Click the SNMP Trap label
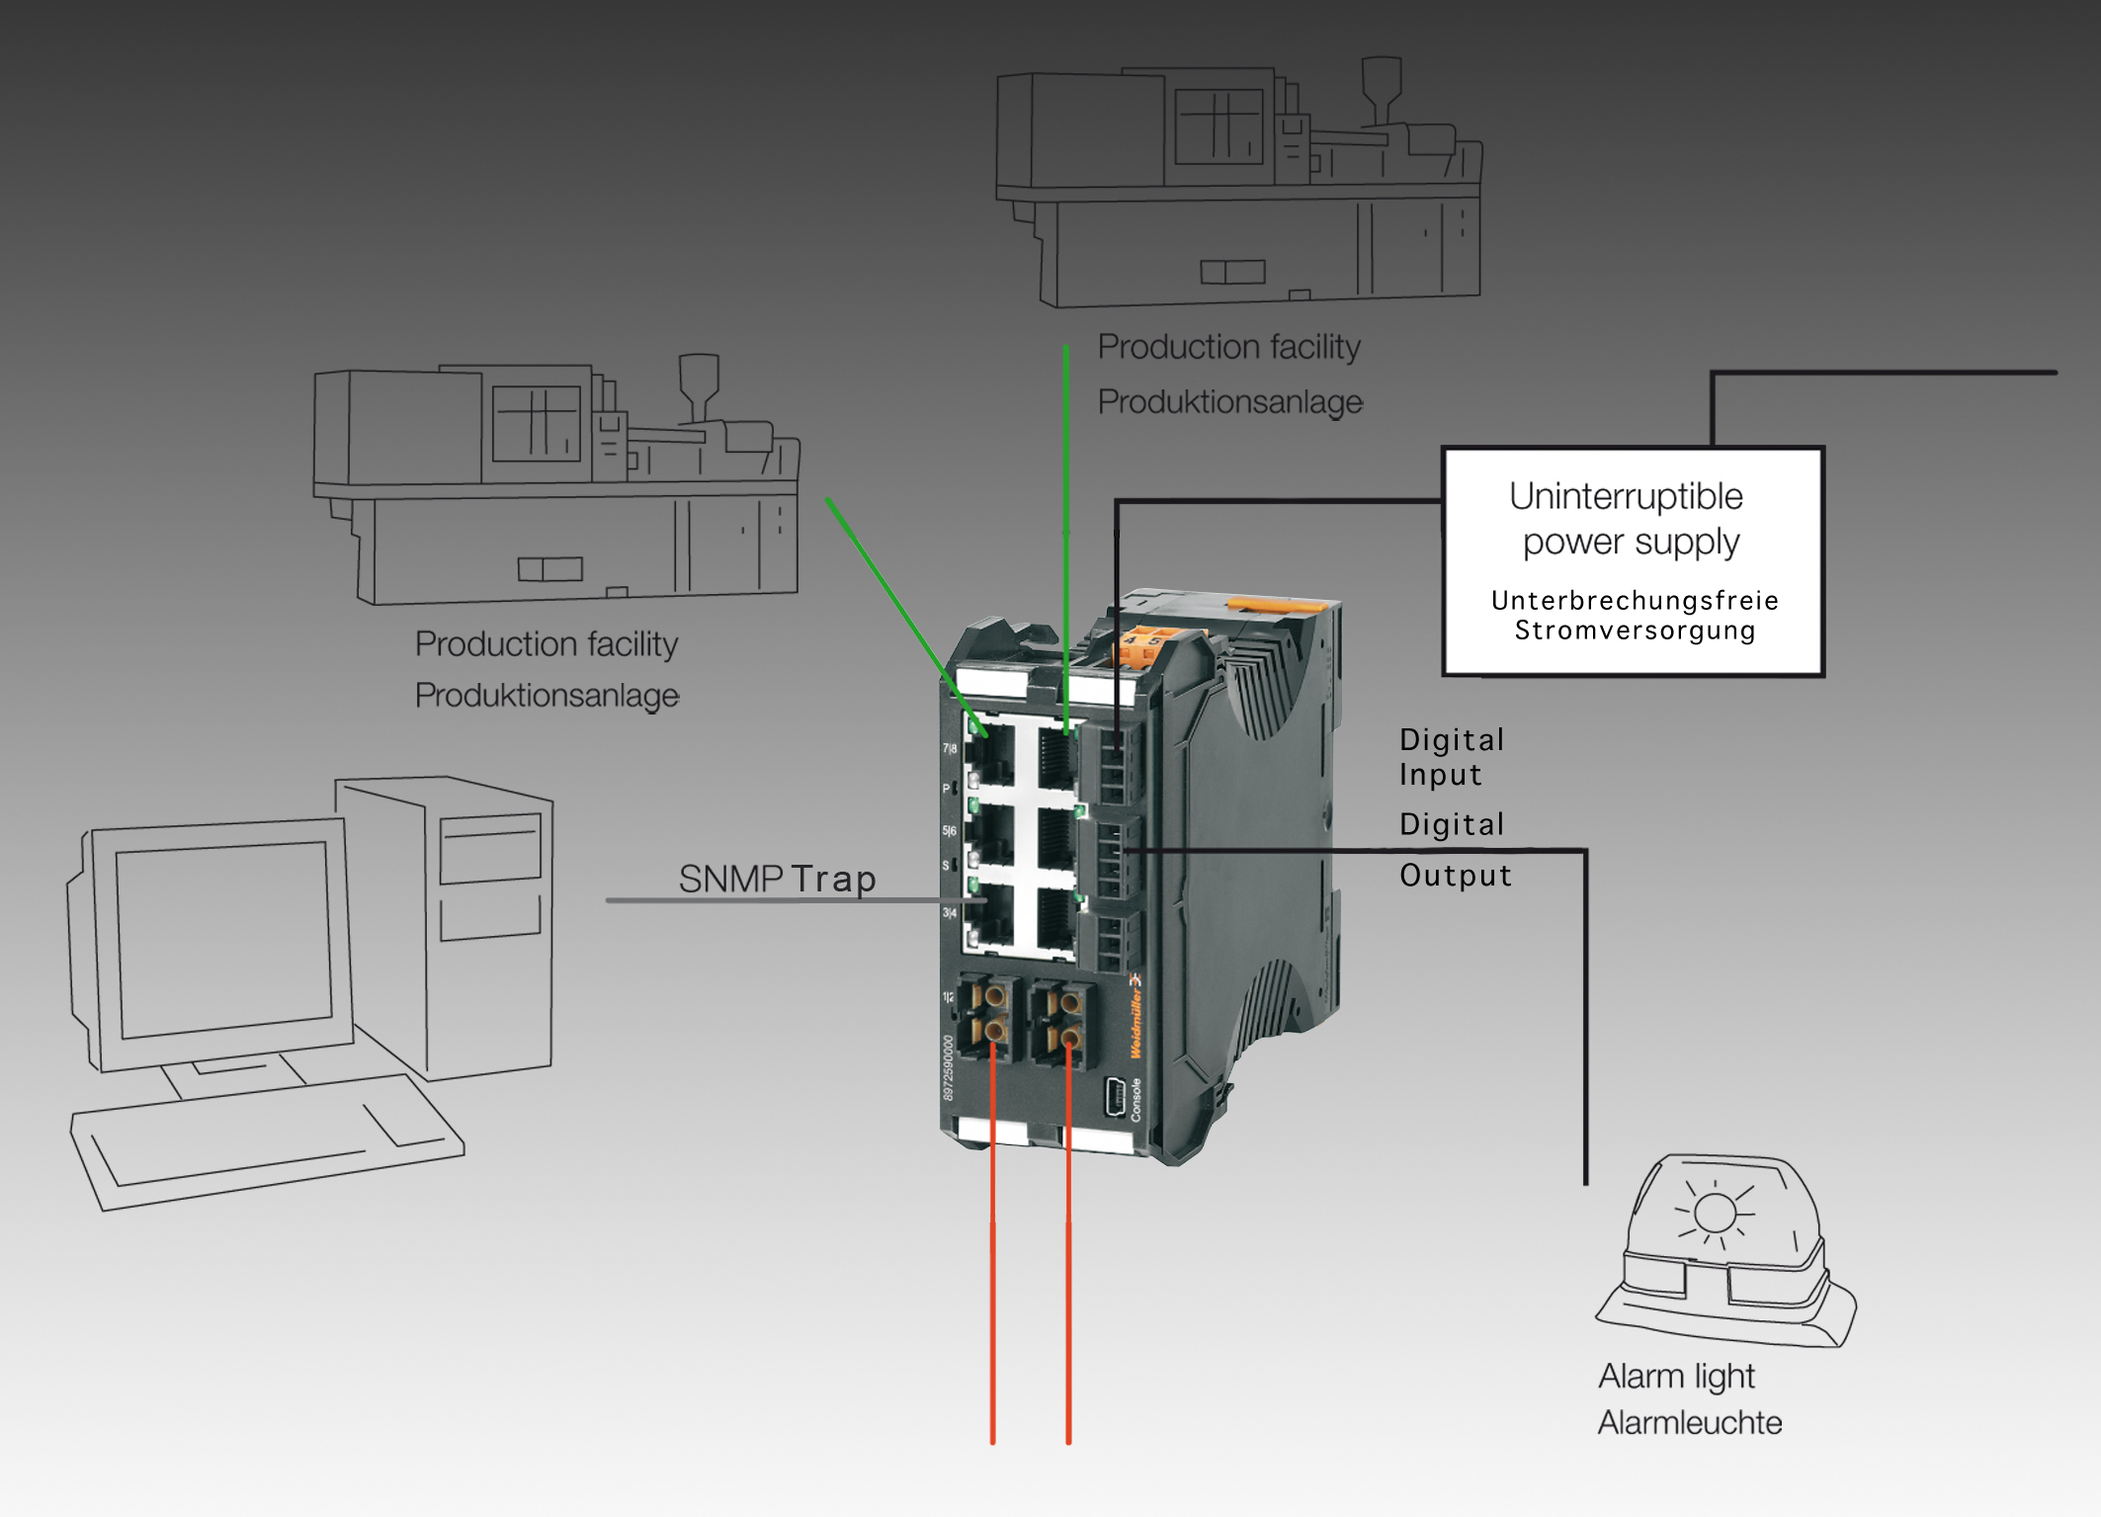coord(777,879)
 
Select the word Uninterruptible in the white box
coord(1626,496)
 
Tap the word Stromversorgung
coord(1635,631)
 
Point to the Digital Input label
coord(1451,757)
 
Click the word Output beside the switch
coord(1456,876)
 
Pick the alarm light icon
coord(1725,1251)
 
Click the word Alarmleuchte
coord(1690,1423)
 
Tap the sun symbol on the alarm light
coord(1715,1213)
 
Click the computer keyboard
coord(267,1140)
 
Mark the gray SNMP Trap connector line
coord(791,900)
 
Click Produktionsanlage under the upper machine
coord(1230,402)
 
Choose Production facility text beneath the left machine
coord(546,644)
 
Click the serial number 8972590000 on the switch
coord(949,1067)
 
